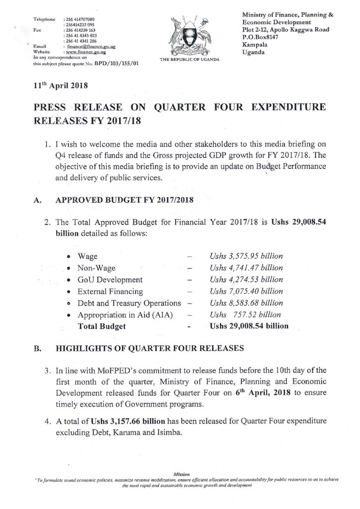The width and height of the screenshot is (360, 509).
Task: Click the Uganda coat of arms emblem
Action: pyautogui.click(x=185, y=35)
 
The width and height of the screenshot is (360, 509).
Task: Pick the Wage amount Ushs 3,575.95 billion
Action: pyautogui.click(x=246, y=256)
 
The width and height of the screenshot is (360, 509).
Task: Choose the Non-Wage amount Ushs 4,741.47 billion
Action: pyautogui.click(x=246, y=268)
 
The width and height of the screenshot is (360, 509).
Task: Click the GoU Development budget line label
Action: pyautogui.click(x=110, y=280)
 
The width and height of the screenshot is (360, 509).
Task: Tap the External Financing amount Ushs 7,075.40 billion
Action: pyautogui.click(x=246, y=292)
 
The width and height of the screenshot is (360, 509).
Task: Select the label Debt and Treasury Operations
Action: pyautogui.click(x=129, y=303)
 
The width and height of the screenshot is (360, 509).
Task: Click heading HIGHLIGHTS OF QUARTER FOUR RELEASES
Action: pyautogui.click(x=149, y=349)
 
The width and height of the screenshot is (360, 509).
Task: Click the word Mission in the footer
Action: pyautogui.click(x=180, y=474)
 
